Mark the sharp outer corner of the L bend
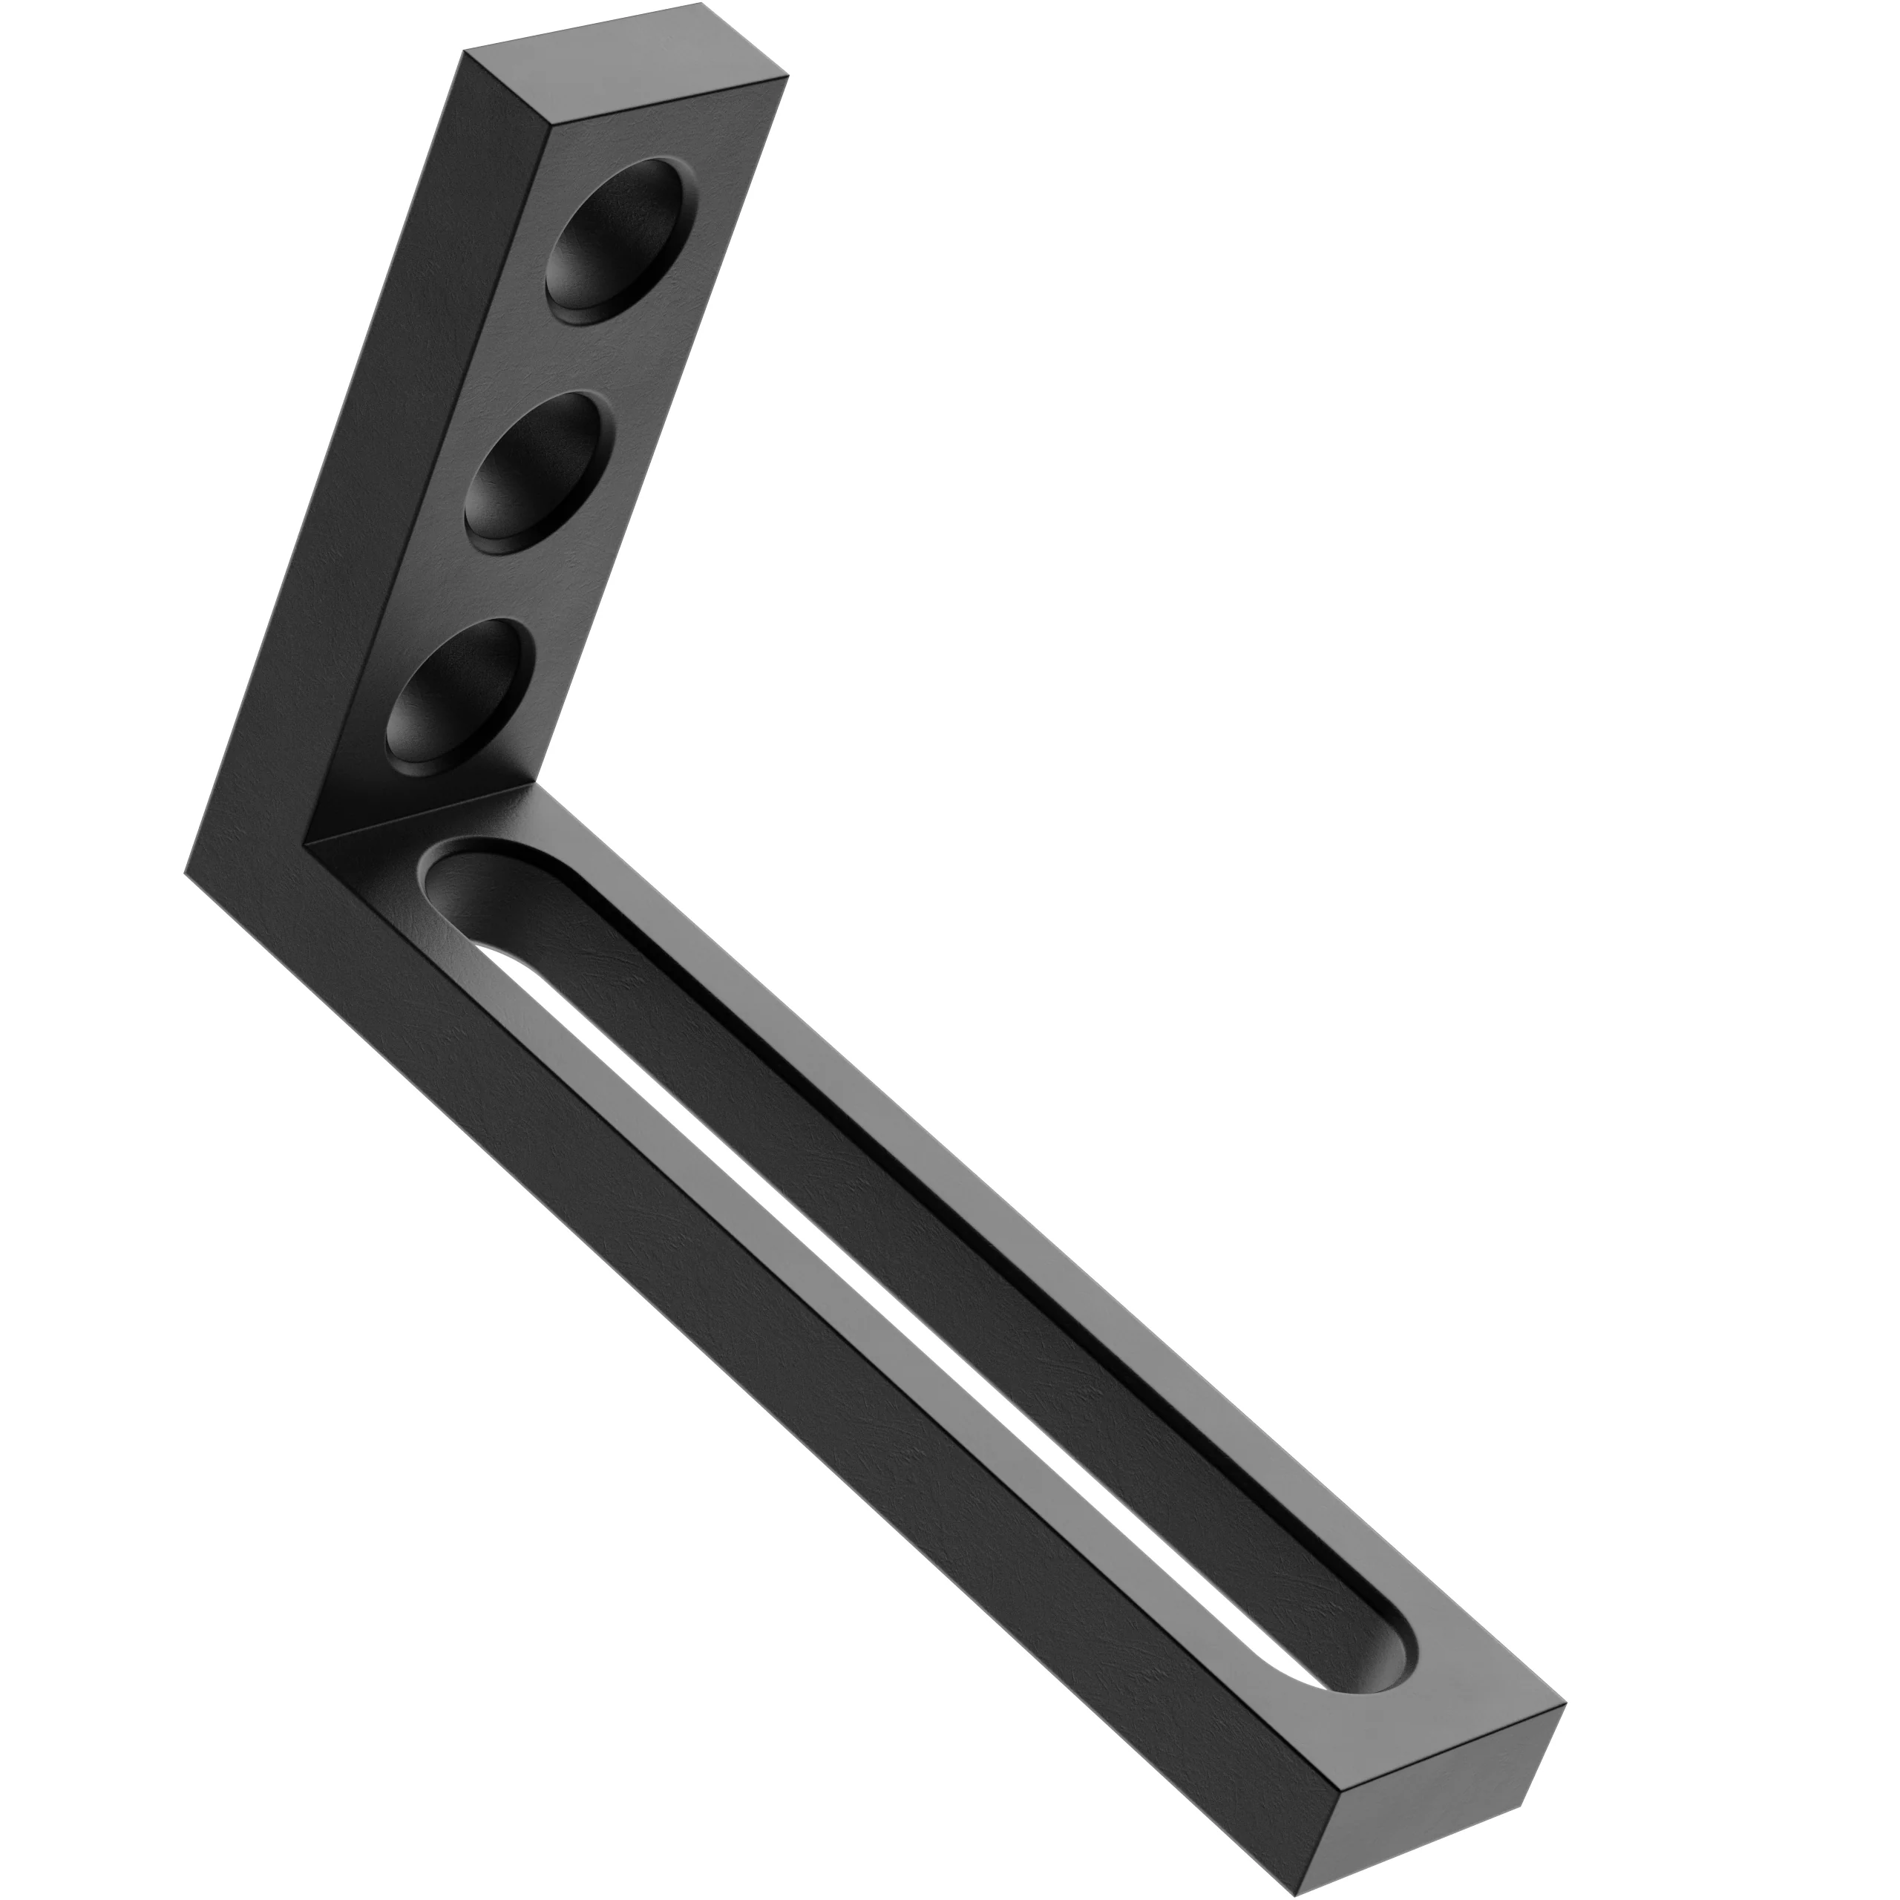[x=187, y=871]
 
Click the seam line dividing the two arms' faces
[x=423, y=814]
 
